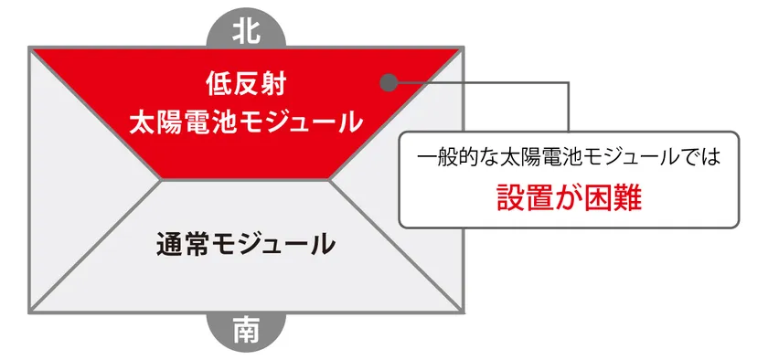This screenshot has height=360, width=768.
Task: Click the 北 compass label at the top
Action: tap(247, 30)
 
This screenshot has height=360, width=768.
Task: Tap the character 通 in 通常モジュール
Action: tap(171, 244)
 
